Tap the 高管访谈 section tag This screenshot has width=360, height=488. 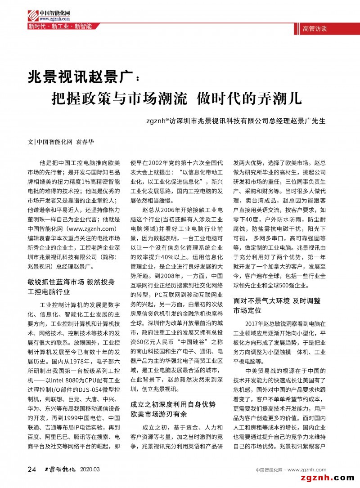click(315, 28)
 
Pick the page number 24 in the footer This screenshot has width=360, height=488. click(32, 470)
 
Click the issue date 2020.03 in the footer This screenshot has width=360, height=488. click(90, 470)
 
